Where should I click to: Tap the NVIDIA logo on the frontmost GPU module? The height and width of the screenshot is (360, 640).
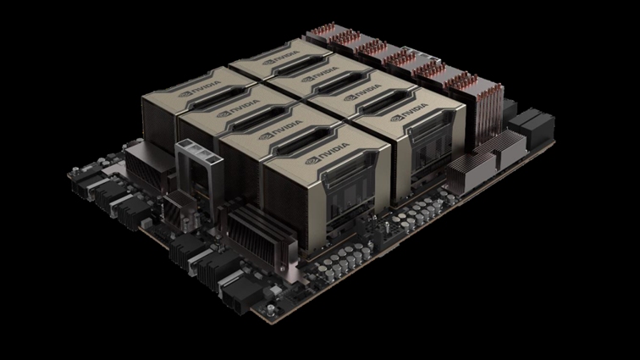(328, 152)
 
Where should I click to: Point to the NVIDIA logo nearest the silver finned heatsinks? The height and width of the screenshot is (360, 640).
(410, 113)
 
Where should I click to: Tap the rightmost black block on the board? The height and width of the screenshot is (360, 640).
(538, 128)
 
